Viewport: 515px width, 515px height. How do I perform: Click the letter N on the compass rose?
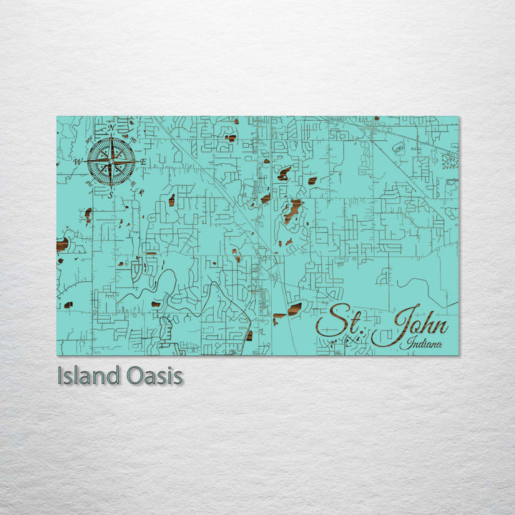111,128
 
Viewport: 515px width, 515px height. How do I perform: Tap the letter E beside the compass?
142,163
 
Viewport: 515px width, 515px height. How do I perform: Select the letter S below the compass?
111,195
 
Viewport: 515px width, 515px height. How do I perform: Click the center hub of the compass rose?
111,161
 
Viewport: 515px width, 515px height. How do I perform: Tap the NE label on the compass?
132,140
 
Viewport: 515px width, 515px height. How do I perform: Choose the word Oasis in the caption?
154,376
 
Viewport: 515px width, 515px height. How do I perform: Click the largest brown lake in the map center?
292,210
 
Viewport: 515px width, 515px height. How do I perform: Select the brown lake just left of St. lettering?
295,309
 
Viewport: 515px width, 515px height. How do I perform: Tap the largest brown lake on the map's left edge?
62,245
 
